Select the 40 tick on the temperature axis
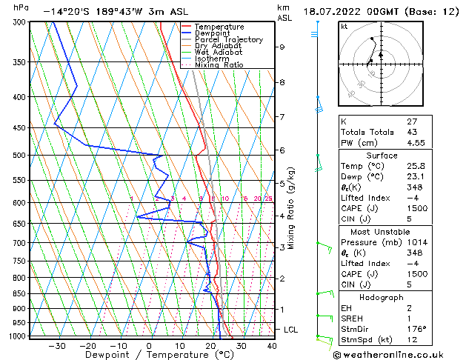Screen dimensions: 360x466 coord(272,345)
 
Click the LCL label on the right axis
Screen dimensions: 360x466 coord(291,329)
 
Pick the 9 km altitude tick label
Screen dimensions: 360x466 coord(282,47)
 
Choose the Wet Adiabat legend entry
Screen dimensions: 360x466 coord(218,52)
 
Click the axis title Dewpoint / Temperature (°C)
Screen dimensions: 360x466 coord(149,355)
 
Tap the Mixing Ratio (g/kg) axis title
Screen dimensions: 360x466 coord(293,207)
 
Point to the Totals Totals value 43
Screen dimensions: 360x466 coord(413,132)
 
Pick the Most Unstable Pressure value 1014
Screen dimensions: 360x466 coord(417,242)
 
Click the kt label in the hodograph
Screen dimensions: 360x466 coord(344,27)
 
